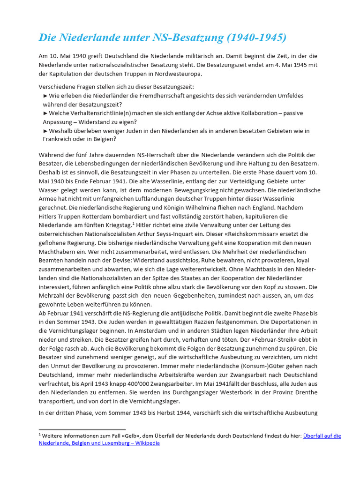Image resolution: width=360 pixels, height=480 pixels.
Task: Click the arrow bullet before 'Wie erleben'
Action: tap(45, 96)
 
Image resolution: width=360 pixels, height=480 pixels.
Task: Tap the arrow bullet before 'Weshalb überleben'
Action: tap(45, 131)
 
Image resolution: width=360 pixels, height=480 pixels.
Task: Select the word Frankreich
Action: tap(60, 139)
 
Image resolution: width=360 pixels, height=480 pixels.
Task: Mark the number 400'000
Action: tap(132, 383)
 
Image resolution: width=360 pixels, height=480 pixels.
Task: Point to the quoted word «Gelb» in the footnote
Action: tap(135, 435)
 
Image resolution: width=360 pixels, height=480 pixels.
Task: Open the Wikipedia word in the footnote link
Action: tap(147, 443)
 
